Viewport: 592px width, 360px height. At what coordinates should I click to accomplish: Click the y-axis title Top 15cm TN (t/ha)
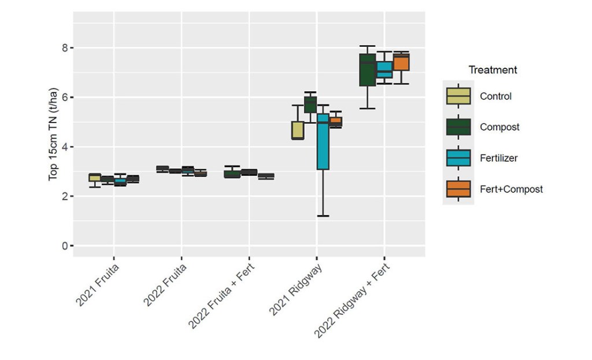click(x=53, y=134)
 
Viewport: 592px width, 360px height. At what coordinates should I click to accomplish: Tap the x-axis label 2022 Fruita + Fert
click(x=221, y=295)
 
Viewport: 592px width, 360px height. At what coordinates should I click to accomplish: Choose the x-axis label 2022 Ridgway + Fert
click(x=352, y=299)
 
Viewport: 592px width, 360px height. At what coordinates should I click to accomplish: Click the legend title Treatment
click(x=493, y=70)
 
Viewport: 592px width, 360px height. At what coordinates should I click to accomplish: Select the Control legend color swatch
click(x=458, y=96)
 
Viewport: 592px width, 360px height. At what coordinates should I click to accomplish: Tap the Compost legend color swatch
click(x=458, y=127)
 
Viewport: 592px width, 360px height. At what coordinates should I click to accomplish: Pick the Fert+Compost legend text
click(x=511, y=190)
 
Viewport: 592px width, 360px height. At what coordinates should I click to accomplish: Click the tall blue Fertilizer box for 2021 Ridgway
click(x=323, y=142)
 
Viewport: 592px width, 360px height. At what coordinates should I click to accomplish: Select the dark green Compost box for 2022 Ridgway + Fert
click(x=368, y=70)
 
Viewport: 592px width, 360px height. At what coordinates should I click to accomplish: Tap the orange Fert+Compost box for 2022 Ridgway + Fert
click(x=401, y=63)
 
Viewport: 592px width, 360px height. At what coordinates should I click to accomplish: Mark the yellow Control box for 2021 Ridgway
click(x=298, y=130)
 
